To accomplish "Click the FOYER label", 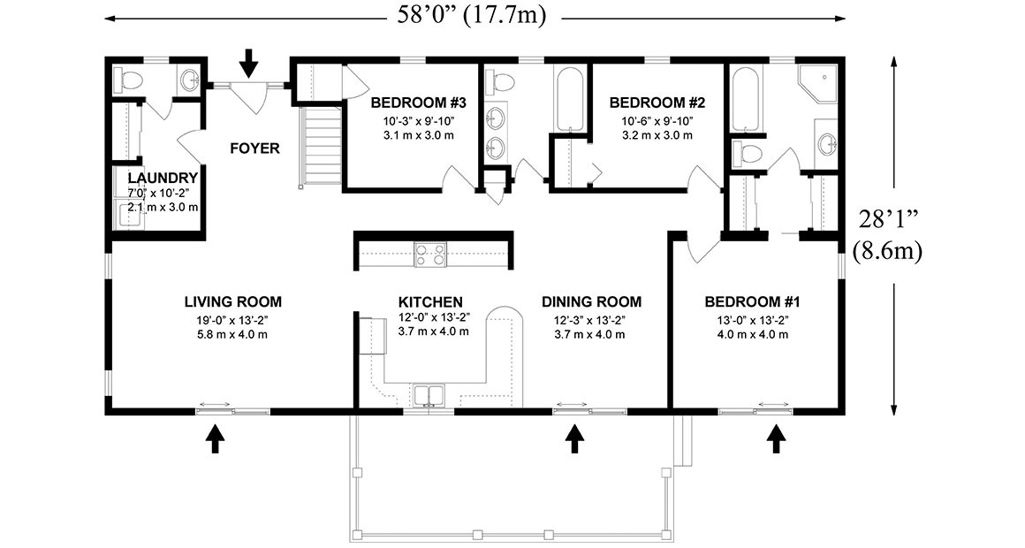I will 254,148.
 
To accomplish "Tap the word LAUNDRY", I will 156,179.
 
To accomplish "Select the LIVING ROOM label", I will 233,302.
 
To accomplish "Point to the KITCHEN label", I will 430,302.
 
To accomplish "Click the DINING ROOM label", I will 591,302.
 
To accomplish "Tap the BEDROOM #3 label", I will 412,102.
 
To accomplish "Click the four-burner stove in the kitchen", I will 430,254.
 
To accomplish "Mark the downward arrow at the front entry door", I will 249,62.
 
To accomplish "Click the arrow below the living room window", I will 214,438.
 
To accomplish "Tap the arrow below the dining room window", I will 575,438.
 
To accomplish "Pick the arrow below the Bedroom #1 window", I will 777,438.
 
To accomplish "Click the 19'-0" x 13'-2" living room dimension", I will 233,320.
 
